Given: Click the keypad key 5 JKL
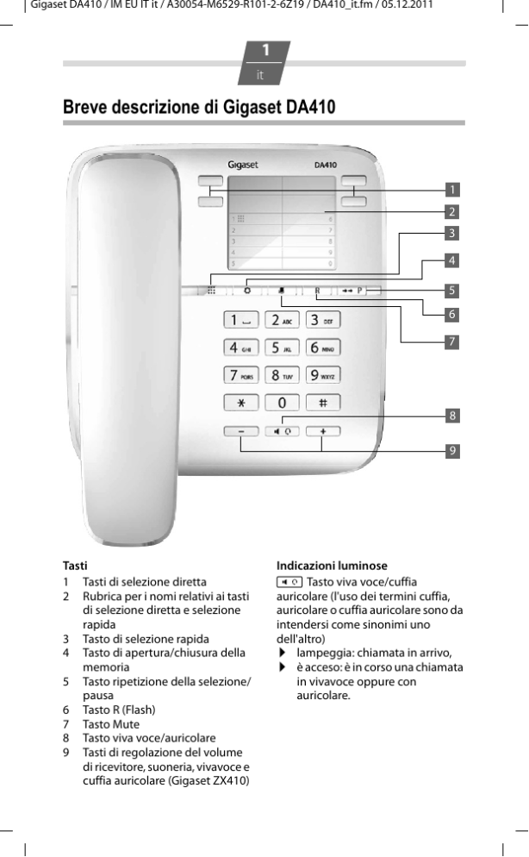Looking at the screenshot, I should click(281, 347).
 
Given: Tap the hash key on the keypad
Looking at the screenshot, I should click(322, 403).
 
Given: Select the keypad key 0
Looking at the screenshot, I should click(281, 403).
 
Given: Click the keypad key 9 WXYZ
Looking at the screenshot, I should click(322, 375).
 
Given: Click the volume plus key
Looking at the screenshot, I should click(322, 430).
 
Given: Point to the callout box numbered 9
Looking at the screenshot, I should click(451, 449).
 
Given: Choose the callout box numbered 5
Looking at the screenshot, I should click(451, 289).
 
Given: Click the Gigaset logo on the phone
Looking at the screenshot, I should click(243, 164).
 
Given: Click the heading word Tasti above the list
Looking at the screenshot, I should click(75, 566).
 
